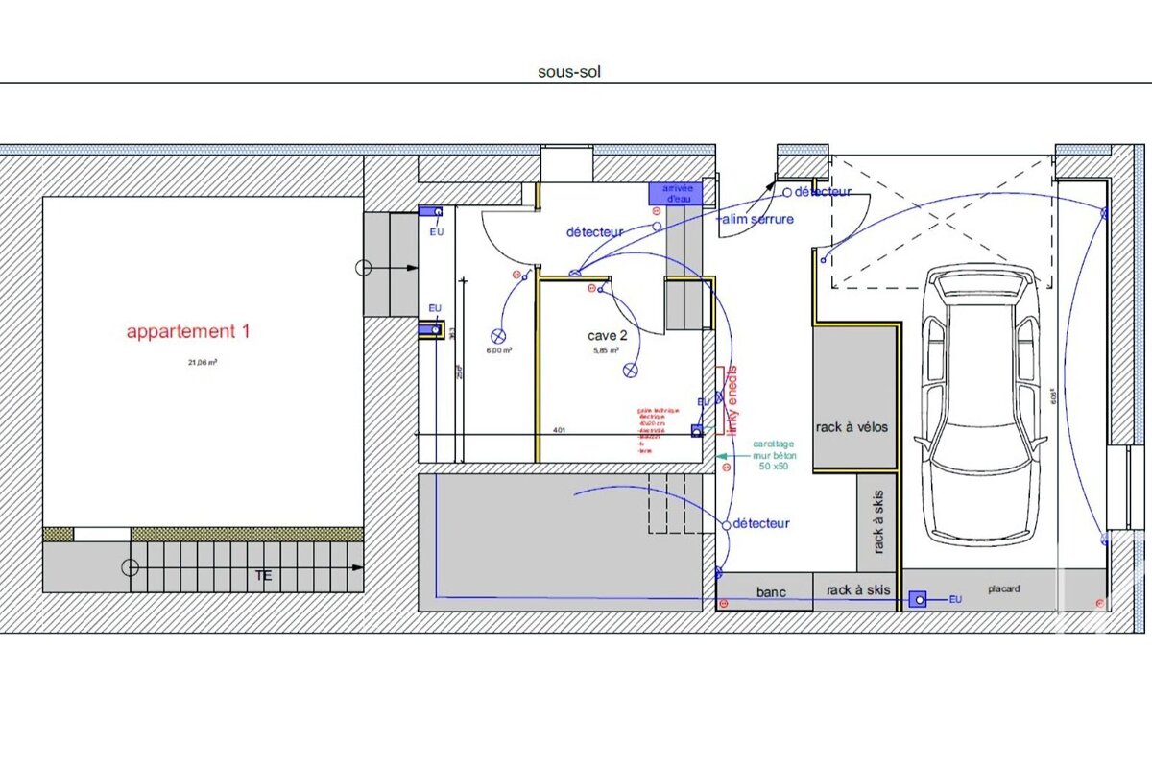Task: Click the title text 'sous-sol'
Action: pyautogui.click(x=569, y=71)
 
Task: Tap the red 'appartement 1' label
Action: pyautogui.click(x=188, y=332)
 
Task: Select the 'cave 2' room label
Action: pyautogui.click(x=608, y=336)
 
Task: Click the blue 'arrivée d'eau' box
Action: pyautogui.click(x=676, y=193)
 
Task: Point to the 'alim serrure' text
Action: pyautogui.click(x=757, y=220)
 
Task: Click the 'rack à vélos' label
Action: pyautogui.click(x=852, y=427)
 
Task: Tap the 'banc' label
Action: pyautogui.click(x=771, y=592)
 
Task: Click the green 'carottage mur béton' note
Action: pyautogui.click(x=772, y=455)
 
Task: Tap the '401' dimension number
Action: pyautogui.click(x=559, y=431)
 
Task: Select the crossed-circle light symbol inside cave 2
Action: pyautogui.click(x=631, y=370)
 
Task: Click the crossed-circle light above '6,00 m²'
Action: pyautogui.click(x=498, y=335)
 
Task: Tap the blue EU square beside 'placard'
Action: pyautogui.click(x=918, y=600)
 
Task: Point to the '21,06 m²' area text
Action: pyautogui.click(x=202, y=363)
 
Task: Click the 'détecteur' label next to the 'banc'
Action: pyautogui.click(x=760, y=523)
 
